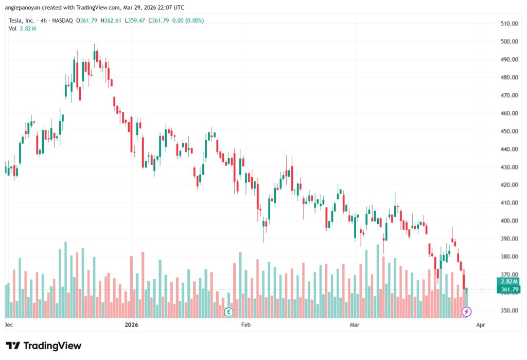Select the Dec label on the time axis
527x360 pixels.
(8, 325)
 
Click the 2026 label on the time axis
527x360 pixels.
(132, 325)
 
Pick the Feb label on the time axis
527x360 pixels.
(245, 325)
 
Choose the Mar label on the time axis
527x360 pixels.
(355, 325)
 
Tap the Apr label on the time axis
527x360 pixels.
(480, 325)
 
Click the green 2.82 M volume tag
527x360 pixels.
(505, 282)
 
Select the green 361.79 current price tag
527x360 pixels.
(505, 289)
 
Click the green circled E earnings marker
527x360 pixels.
(229, 311)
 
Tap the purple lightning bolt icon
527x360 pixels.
(466, 311)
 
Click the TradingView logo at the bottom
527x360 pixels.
(43, 346)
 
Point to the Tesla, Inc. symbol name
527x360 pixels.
(23, 21)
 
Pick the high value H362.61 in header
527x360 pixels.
(113, 21)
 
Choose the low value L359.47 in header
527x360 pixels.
(136, 21)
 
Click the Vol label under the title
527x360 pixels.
(13, 28)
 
